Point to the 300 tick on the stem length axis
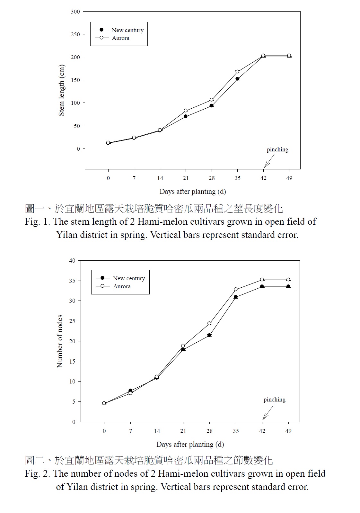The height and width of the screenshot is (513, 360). click(x=75, y=12)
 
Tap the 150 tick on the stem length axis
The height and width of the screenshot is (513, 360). click(x=75, y=80)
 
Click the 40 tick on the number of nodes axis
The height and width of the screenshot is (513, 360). click(x=73, y=261)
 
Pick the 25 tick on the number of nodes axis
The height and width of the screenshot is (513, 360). click(x=73, y=321)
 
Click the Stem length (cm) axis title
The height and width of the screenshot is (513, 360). click(x=62, y=90)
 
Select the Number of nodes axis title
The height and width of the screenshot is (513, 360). click(x=60, y=341)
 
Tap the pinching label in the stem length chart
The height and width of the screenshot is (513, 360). click(x=277, y=149)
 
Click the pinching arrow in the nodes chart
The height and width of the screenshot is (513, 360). click(x=268, y=413)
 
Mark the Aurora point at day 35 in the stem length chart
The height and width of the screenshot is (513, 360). click(x=237, y=72)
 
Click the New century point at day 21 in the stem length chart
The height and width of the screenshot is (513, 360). click(x=186, y=116)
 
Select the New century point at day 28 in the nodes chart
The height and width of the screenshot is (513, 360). click(x=209, y=335)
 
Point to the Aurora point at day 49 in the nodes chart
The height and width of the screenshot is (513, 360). click(x=288, y=280)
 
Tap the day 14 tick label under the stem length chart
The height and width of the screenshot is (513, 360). click(x=160, y=178)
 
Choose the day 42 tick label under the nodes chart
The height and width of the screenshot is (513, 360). click(x=262, y=431)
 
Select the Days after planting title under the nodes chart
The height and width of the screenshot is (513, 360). click(x=190, y=445)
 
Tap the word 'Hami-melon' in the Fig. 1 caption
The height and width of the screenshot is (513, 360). click(x=163, y=222)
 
